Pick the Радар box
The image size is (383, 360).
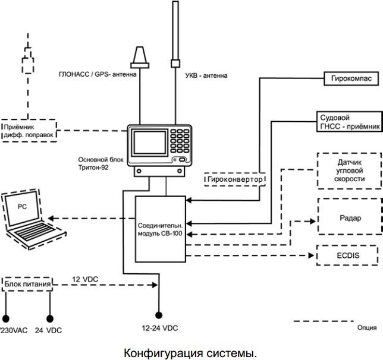pos(347,218)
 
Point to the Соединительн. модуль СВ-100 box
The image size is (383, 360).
pos(160,229)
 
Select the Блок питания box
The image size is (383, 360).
pos(24,284)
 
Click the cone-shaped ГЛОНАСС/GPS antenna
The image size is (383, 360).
pos(140,58)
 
